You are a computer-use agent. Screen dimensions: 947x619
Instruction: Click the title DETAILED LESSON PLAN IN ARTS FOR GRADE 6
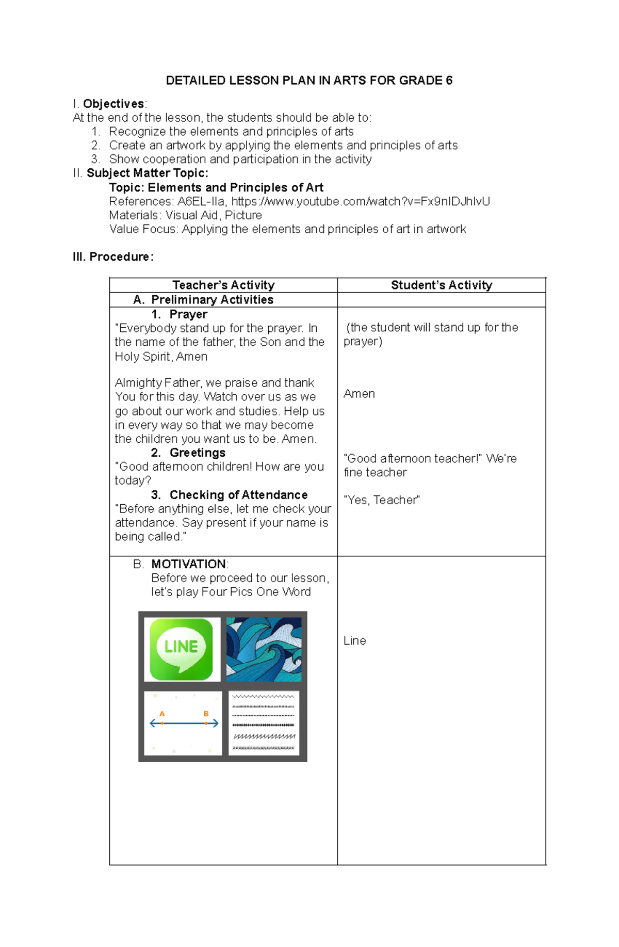tap(308, 81)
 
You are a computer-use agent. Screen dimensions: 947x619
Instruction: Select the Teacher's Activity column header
tap(223, 285)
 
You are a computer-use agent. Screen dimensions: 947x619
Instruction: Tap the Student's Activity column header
tap(442, 285)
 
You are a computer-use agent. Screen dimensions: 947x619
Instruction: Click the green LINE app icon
tap(181, 649)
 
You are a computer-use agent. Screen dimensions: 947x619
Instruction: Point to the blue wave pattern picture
tap(264, 649)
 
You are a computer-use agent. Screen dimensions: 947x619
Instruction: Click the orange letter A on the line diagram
tap(162, 714)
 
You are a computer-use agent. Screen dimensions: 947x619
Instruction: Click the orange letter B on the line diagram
tap(206, 714)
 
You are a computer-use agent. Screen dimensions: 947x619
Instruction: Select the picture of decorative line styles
tap(264, 723)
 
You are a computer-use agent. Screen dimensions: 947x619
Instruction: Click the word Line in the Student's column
tap(354, 640)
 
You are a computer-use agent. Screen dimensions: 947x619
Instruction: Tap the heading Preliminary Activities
tap(212, 300)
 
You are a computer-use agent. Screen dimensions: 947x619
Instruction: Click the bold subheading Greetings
tap(197, 453)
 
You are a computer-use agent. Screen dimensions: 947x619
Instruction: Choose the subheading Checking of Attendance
tap(238, 495)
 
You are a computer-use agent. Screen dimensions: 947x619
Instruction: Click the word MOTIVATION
tap(188, 564)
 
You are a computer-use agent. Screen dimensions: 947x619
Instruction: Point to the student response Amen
tap(359, 394)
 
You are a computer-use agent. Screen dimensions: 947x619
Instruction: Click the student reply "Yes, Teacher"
tap(382, 500)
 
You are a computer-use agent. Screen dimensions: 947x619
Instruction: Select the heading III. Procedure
tap(113, 257)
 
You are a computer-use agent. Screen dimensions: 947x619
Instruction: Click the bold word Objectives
tap(113, 104)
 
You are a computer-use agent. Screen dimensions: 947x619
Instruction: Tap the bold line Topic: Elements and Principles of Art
tap(216, 187)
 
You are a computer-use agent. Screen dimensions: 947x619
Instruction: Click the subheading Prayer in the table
tap(188, 314)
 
